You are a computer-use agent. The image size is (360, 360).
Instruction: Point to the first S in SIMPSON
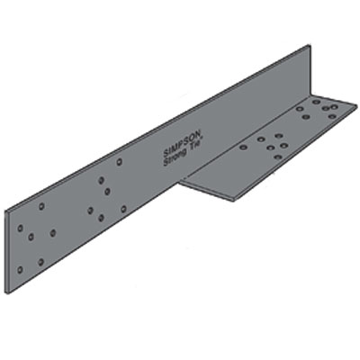tap(167, 149)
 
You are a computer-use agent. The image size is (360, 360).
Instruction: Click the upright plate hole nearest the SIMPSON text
tap(120, 162)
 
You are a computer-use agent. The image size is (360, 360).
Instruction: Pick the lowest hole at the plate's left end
tap(19, 269)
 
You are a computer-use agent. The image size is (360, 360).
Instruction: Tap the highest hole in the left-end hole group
tap(41, 206)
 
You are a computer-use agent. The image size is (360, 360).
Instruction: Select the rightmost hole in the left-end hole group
tap(53, 232)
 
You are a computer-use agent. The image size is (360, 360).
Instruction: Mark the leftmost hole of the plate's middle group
tap(90, 211)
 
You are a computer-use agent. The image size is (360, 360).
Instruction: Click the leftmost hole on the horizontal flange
tap(243, 146)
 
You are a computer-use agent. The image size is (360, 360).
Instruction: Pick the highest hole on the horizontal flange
tap(316, 102)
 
